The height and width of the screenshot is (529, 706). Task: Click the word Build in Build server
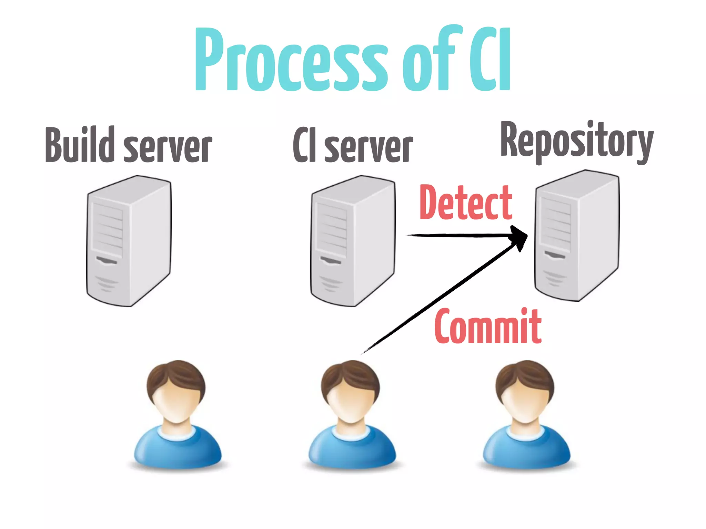(x=80, y=145)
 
